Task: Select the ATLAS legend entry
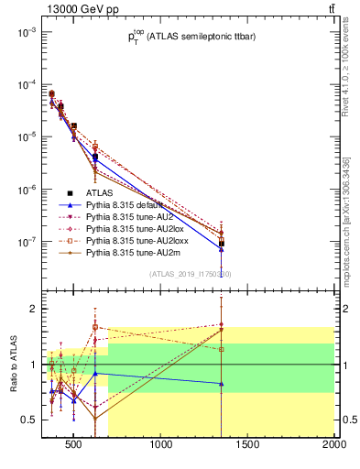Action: pyautogui.click(x=101, y=193)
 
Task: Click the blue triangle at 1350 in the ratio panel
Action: pyautogui.click(x=222, y=384)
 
